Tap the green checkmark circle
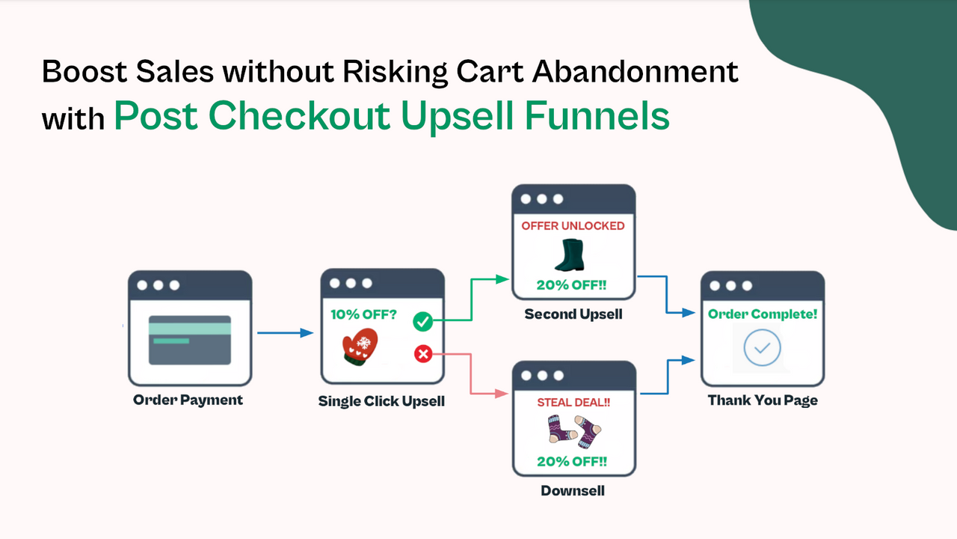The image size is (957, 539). [422, 322]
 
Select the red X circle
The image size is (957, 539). [422, 353]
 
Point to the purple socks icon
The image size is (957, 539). [573, 432]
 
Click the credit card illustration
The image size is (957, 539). [190, 339]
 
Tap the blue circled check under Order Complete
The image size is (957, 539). [763, 348]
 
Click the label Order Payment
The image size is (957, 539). [188, 400]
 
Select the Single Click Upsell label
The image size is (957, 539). [381, 401]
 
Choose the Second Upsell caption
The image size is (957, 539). [573, 314]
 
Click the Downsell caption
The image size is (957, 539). [573, 491]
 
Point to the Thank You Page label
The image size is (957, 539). [763, 401]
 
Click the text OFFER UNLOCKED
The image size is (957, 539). [573, 226]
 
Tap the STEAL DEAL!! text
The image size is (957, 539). [573, 403]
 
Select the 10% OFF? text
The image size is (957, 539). [364, 314]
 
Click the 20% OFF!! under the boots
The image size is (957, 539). [572, 285]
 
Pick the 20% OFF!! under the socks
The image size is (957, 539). [572, 461]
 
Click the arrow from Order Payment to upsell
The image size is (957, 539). [285, 333]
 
